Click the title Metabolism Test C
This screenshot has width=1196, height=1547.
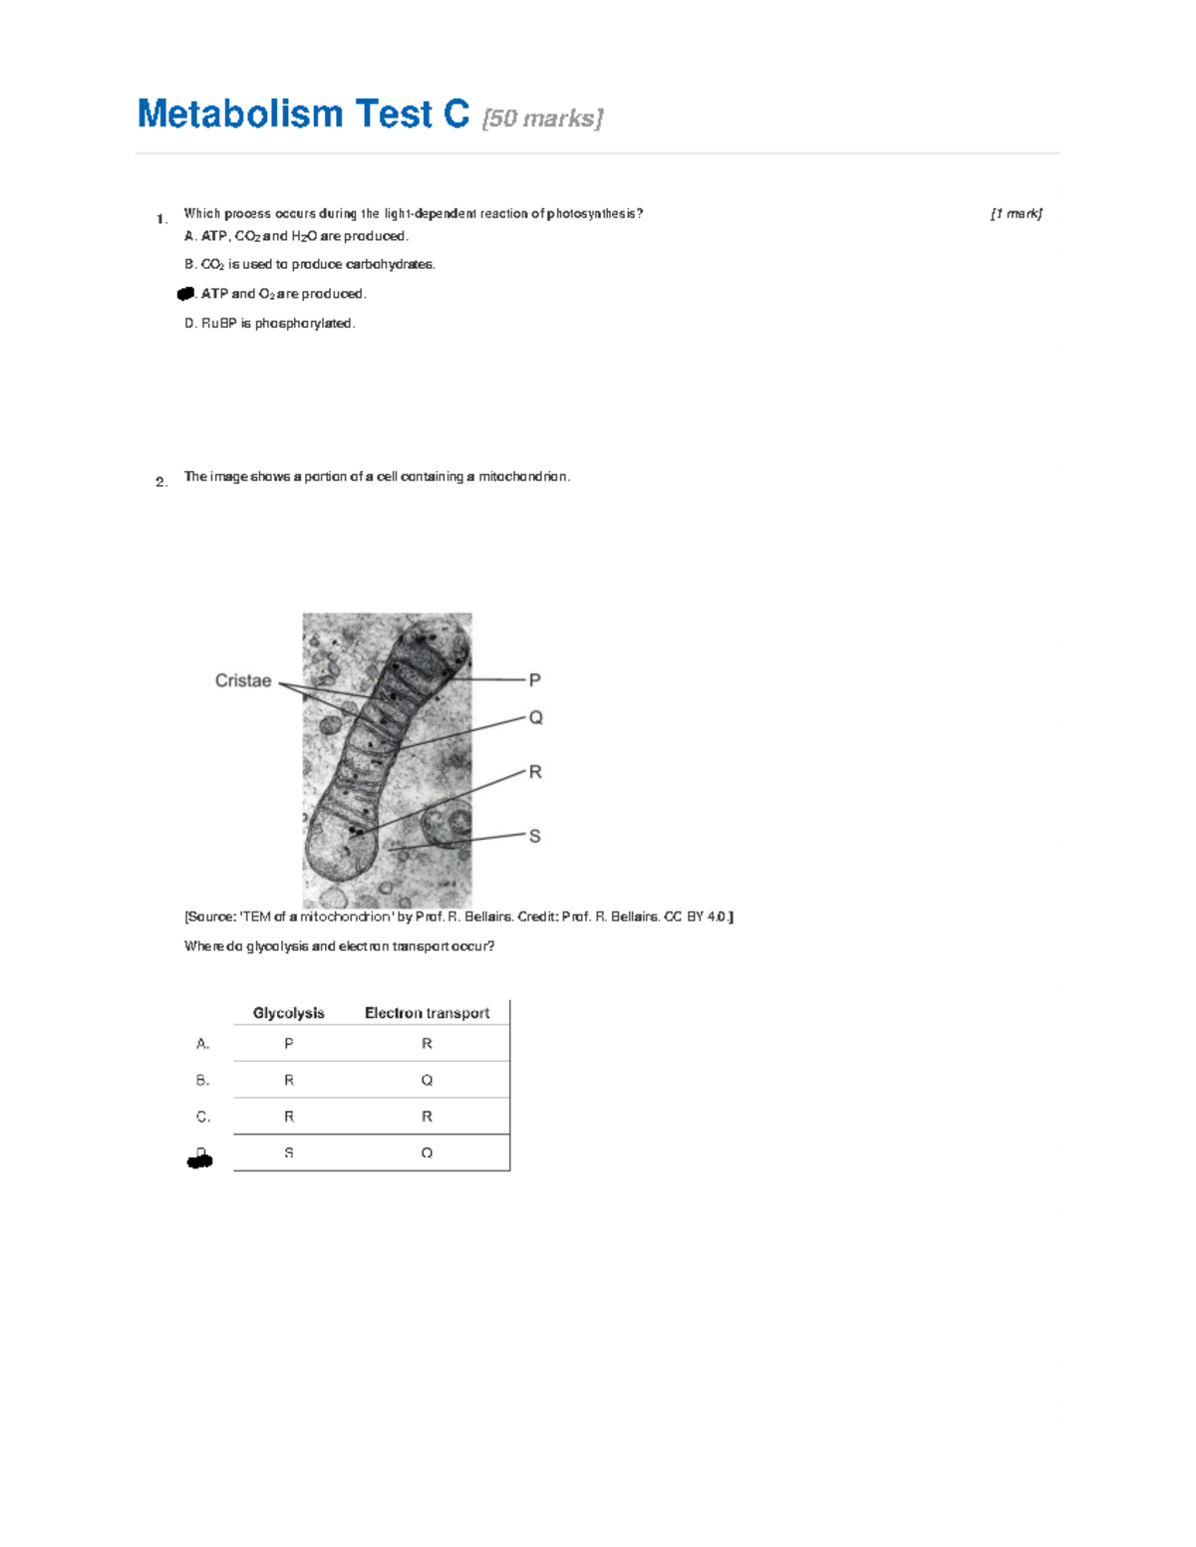pos(303,115)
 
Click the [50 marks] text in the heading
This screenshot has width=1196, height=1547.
pos(542,119)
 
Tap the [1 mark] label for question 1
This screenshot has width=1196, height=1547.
pos(1016,213)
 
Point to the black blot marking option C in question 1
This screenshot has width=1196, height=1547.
pos(185,294)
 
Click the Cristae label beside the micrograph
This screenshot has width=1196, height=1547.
pos(243,680)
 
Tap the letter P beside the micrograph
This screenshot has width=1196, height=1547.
pos(535,680)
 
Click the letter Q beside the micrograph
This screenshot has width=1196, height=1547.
pos(535,717)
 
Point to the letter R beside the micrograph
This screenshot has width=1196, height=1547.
pos(535,772)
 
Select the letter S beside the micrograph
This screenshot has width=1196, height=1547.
pos(535,836)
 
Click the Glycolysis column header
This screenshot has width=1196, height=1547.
pos(288,1013)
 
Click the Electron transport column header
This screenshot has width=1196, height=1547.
pos(427,1013)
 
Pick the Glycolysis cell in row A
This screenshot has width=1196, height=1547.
pos(289,1044)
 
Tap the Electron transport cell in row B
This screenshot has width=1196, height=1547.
pos(427,1080)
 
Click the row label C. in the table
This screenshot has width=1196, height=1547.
pos(203,1117)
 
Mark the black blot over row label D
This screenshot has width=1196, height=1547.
pos(200,1159)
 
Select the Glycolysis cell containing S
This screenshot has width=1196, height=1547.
pos(289,1153)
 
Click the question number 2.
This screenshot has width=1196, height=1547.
pos(161,482)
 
